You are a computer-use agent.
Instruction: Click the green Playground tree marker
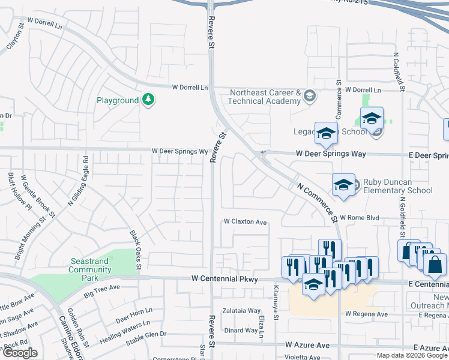click(x=148, y=100)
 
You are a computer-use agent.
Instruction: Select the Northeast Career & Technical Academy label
click(x=265, y=97)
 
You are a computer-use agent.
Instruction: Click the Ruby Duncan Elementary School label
click(x=394, y=187)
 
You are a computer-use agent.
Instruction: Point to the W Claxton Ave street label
click(x=245, y=222)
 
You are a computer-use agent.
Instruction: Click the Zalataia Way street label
click(x=241, y=311)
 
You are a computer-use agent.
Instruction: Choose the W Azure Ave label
click(x=307, y=346)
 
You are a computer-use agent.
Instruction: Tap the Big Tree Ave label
click(x=102, y=294)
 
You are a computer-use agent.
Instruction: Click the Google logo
click(x=20, y=353)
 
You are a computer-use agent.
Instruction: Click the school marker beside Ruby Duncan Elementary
click(x=344, y=184)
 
